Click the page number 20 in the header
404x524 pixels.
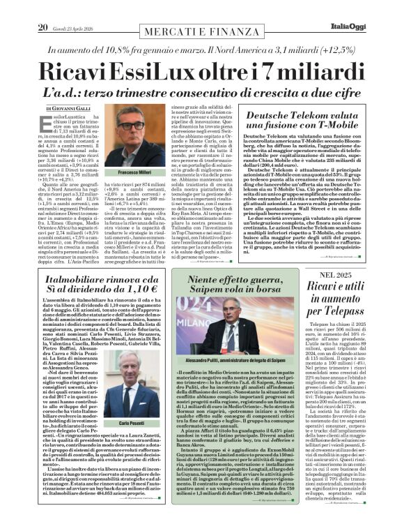pos(43,8)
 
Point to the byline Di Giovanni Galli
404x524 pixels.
pos(68,109)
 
